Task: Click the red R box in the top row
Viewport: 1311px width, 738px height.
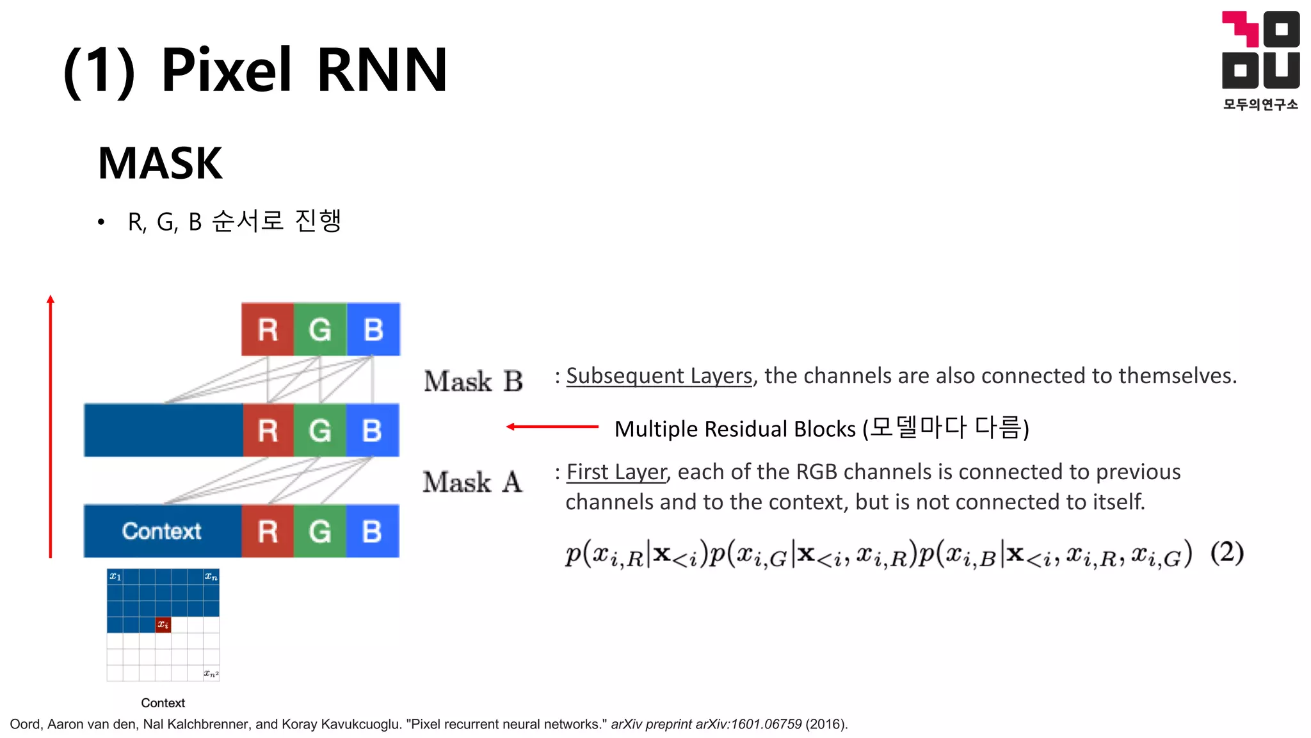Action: [x=268, y=329]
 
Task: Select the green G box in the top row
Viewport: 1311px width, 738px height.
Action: [x=320, y=329]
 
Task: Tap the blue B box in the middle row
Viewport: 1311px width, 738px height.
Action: [x=373, y=430]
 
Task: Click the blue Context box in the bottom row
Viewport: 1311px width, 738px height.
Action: [x=163, y=531]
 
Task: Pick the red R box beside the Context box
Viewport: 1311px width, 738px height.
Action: [x=268, y=531]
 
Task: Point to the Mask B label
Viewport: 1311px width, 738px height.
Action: [x=473, y=381]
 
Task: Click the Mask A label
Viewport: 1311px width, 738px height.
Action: [x=472, y=482]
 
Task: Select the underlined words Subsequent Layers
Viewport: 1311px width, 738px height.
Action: [x=659, y=375]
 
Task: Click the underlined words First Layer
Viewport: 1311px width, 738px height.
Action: [x=616, y=472]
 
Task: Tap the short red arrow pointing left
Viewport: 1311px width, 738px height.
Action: [x=552, y=426]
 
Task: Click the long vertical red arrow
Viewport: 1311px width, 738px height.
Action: [x=51, y=426]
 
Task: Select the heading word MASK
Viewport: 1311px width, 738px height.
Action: [x=160, y=163]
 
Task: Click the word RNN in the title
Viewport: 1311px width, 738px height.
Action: [x=382, y=70]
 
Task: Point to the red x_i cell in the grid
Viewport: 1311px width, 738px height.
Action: [x=163, y=625]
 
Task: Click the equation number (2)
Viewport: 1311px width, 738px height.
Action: [x=1227, y=552]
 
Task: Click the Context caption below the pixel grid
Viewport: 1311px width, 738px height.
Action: [x=163, y=703]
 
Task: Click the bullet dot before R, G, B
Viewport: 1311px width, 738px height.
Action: [x=101, y=222]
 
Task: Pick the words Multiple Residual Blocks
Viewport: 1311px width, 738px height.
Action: [x=735, y=429]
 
